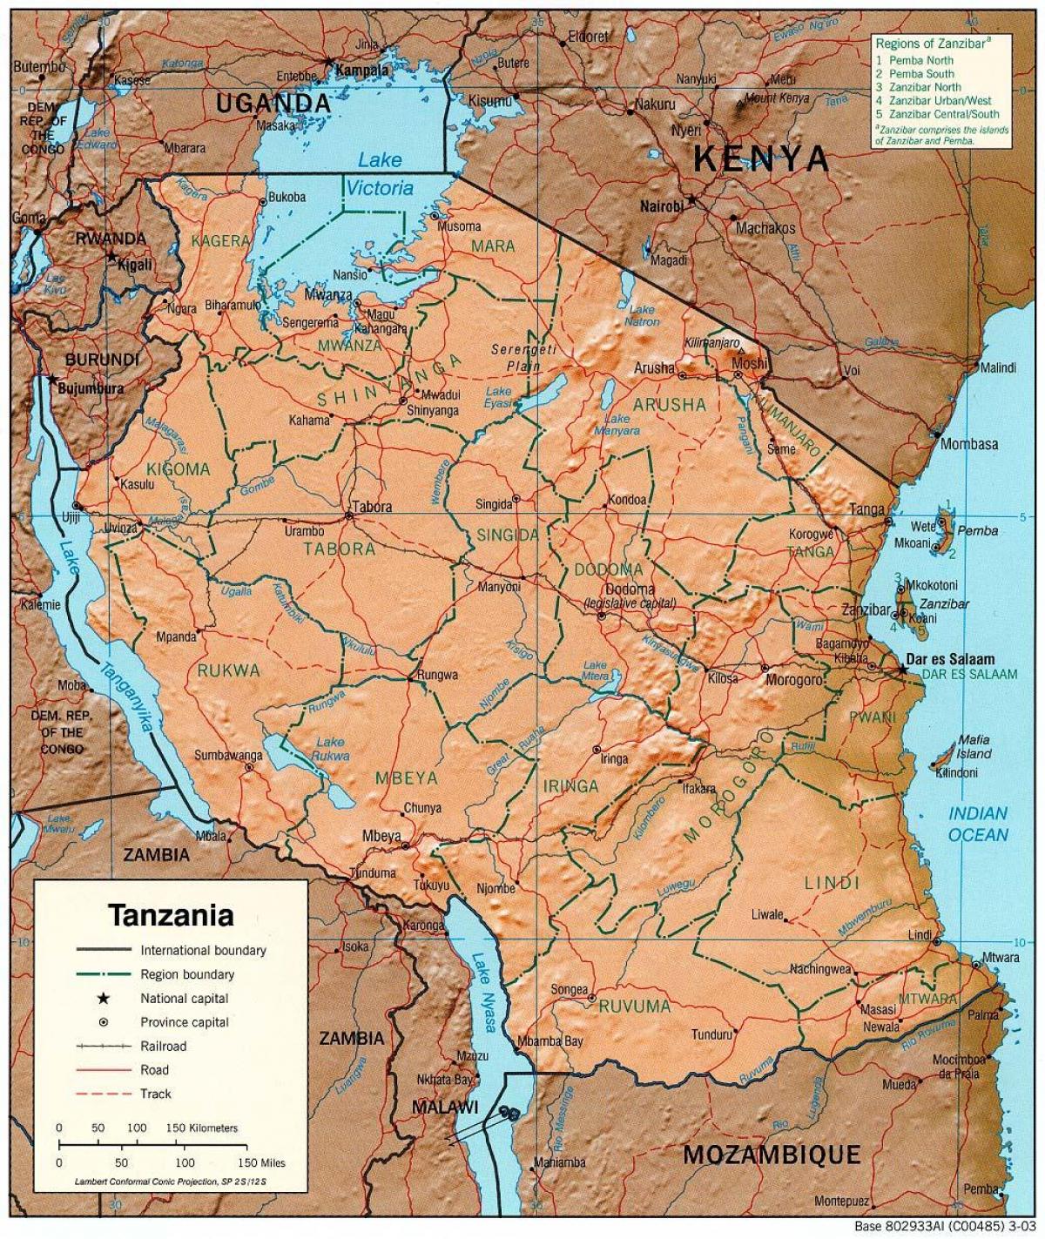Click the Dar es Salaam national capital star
[902, 670]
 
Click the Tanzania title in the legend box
[171, 915]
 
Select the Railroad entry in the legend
[163, 1046]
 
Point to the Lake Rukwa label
[330, 749]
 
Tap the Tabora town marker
[349, 515]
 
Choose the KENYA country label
[761, 158]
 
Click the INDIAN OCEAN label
[978, 824]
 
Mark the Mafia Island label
[974, 746]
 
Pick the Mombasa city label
[969, 444]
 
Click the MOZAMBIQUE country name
[771, 1155]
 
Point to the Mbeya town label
[381, 837]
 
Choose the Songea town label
[570, 990]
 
